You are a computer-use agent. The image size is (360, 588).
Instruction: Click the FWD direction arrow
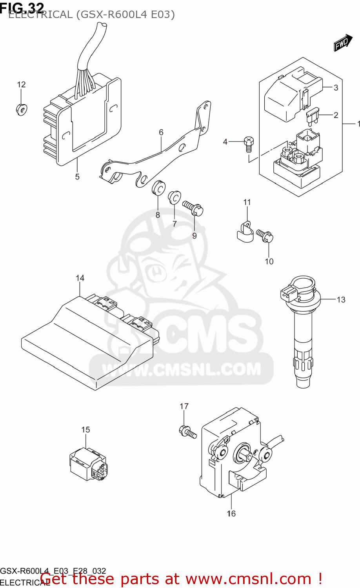tap(343, 43)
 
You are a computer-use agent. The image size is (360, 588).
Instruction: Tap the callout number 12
tap(21, 84)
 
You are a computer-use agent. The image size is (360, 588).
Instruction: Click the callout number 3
tap(336, 87)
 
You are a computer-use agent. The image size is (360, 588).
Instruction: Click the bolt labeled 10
tap(265, 236)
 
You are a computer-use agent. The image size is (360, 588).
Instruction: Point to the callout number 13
tap(341, 299)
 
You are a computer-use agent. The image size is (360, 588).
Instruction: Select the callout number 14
tap(80, 278)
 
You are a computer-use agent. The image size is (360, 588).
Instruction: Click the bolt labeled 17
tap(188, 432)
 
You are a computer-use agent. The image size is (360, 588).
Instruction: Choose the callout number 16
tap(231, 514)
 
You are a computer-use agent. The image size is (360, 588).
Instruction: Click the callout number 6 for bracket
tap(161, 132)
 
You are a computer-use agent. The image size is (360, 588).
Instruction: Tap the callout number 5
tap(77, 177)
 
